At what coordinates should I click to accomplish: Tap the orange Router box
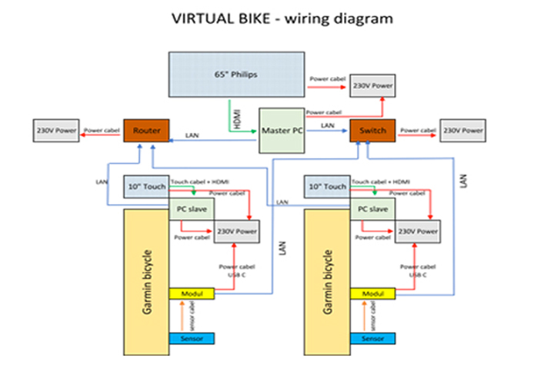coord(146,131)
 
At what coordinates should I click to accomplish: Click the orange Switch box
coord(372,131)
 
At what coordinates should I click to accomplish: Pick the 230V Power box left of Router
coord(55,131)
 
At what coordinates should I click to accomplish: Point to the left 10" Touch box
coord(145,187)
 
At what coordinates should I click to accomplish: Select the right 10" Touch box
coord(327,187)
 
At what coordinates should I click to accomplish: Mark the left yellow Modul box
coord(192,294)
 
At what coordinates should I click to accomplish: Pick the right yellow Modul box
coord(373,294)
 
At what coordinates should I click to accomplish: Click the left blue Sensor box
coord(192,338)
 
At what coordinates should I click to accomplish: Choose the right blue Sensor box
coord(373,338)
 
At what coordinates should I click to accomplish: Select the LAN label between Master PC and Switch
coord(328,124)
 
